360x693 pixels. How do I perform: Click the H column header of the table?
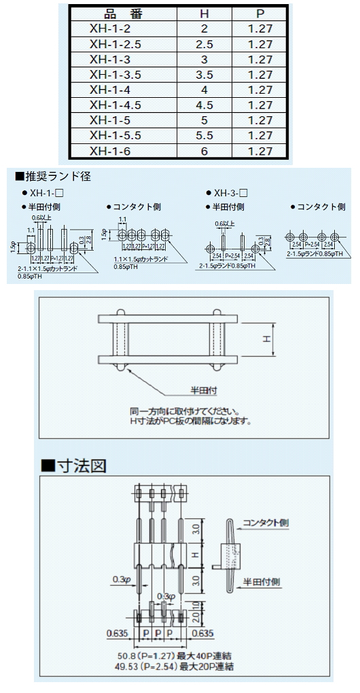[204, 14]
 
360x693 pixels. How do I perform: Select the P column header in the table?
[260, 14]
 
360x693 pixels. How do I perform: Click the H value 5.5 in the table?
[204, 135]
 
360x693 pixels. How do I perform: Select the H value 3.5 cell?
[204, 75]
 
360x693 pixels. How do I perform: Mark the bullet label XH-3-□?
[231, 193]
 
